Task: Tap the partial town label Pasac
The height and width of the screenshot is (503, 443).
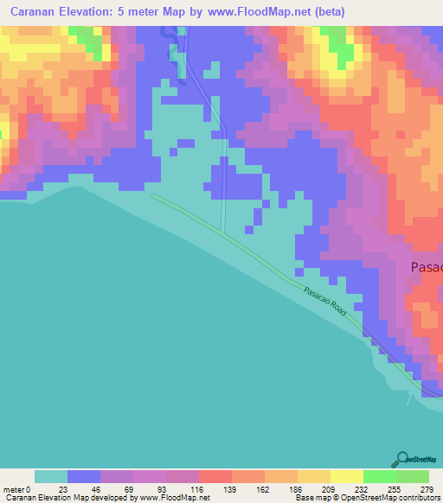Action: point(426,267)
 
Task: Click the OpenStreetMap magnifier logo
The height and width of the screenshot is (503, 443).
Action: point(401,458)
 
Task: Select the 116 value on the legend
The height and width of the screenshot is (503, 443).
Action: point(198,488)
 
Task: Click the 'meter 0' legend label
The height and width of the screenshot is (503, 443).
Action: point(16,488)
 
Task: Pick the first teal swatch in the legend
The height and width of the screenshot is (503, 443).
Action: point(51,476)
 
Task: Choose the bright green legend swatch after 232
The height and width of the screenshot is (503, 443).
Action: point(379,476)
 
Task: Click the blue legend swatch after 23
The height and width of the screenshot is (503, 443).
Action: point(84,476)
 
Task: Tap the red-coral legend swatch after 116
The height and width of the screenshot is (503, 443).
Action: point(215,476)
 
